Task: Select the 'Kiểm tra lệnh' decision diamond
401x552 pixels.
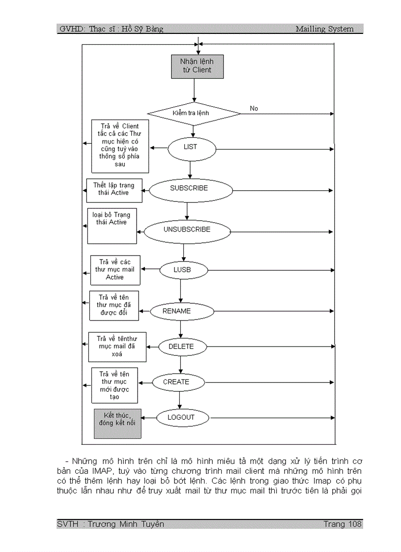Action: [194, 113]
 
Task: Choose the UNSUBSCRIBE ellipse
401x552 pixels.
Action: [187, 230]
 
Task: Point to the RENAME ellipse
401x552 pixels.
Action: [181, 311]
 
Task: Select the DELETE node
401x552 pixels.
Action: [181, 347]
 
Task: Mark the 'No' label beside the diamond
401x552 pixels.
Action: [254, 108]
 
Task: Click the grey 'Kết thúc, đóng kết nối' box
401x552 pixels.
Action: [117, 423]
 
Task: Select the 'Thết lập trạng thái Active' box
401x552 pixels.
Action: [114, 190]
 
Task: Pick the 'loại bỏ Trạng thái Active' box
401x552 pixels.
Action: [112, 226]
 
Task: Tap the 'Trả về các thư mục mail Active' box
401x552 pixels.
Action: [115, 270]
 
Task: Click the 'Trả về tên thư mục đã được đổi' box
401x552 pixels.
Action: [114, 305]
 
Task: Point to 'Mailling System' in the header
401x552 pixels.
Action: [324, 29]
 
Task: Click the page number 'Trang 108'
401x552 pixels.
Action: [343, 524]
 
